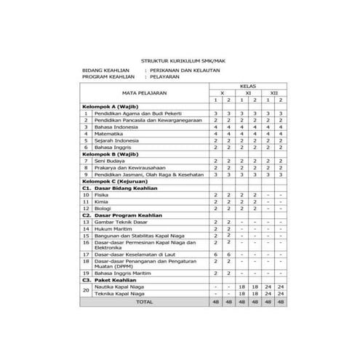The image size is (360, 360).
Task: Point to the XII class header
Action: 273,93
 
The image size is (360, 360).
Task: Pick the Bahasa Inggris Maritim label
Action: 123,272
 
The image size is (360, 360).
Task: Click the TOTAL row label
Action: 145,300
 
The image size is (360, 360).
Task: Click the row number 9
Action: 86,175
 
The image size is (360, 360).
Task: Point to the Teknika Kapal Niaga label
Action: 119,292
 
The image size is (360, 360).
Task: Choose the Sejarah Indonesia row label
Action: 116,140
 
